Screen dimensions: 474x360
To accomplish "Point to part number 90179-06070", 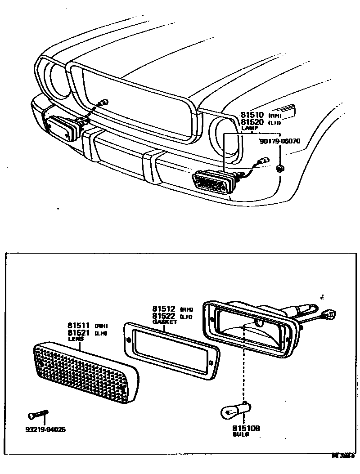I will [280, 141].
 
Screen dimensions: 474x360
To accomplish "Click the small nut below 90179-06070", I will [280, 168].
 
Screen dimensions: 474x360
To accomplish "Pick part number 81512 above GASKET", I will [163, 309].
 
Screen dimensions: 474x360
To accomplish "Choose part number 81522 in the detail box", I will [163, 316].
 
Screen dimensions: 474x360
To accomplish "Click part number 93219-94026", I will [45, 429].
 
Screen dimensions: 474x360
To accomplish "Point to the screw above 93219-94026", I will [38, 413].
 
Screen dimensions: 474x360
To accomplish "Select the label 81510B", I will [246, 429].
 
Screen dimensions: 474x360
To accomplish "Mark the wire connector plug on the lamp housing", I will [330, 314].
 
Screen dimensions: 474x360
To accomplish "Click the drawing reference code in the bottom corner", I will [343, 456].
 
